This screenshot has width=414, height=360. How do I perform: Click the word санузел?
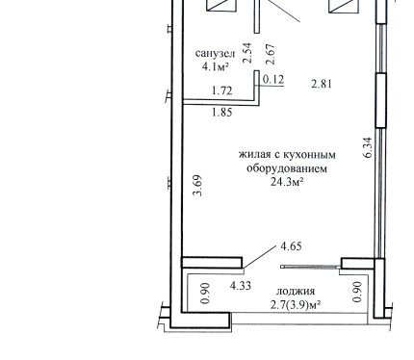pyautogui.click(x=215, y=53)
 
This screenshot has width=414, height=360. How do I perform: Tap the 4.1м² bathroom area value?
pyautogui.click(x=215, y=66)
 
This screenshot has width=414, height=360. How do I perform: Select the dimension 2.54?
pyautogui.click(x=247, y=53)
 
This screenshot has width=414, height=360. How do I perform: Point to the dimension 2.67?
pyautogui.click(x=271, y=54)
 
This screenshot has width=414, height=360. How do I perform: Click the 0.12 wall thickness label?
pyautogui.click(x=273, y=79)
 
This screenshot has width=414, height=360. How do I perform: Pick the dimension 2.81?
pyautogui.click(x=322, y=84)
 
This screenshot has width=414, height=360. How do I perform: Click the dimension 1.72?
pyautogui.click(x=222, y=90)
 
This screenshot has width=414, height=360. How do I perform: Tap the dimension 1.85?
pyautogui.click(x=222, y=113)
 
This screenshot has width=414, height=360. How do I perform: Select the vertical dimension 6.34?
pyautogui.click(x=368, y=147)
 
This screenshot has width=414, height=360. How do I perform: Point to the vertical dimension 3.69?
pyautogui.click(x=196, y=185)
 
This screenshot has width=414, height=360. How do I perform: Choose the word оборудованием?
pyautogui.click(x=287, y=168)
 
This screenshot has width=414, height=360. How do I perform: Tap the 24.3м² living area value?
pyautogui.click(x=287, y=182)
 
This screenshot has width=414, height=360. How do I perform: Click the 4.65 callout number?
pyautogui.click(x=291, y=246)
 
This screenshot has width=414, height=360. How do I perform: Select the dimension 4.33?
pyautogui.click(x=241, y=285)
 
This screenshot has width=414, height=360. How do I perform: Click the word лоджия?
pyautogui.click(x=296, y=292)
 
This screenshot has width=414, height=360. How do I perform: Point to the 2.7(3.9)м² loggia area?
pyautogui.click(x=296, y=305)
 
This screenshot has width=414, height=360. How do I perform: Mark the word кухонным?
pyautogui.click(x=308, y=155)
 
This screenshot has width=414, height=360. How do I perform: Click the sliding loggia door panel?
pyautogui.click(x=310, y=267)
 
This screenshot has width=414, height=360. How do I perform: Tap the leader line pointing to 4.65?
pyautogui.click(x=260, y=257)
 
